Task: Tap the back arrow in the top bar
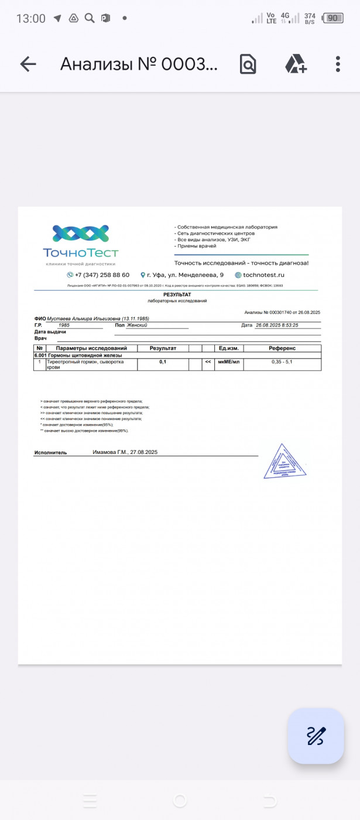tap(28, 64)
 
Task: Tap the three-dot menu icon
tap(338, 64)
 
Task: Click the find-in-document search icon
tap(248, 64)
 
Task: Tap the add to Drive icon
tap(296, 64)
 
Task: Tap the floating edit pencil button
tap(316, 736)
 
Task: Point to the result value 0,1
tap(163, 362)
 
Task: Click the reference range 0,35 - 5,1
tap(282, 362)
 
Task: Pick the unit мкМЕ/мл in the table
tap(229, 362)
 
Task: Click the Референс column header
tap(282, 348)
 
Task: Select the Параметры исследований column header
tap(91, 348)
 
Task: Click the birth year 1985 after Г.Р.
tap(64, 325)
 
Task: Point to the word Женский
tap(137, 325)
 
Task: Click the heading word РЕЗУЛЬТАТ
tap(177, 295)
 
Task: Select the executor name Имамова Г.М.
tap(110, 452)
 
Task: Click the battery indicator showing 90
tap(332, 18)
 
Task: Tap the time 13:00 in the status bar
tap(30, 18)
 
